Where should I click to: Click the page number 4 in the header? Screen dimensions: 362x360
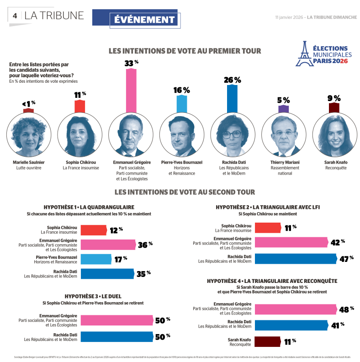(15, 16)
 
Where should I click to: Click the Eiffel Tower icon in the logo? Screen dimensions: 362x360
(302, 53)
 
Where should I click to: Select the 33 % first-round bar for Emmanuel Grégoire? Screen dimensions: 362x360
(131, 90)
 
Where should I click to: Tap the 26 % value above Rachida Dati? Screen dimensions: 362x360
(232, 80)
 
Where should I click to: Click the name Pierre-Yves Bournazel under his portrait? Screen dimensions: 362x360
(182, 162)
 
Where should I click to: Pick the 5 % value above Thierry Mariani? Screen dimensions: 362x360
(283, 100)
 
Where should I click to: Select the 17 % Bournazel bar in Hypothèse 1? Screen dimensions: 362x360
(96, 260)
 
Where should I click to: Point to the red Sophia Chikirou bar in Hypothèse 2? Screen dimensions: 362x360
(267, 227)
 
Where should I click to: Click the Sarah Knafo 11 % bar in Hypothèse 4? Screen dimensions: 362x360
(267, 341)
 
